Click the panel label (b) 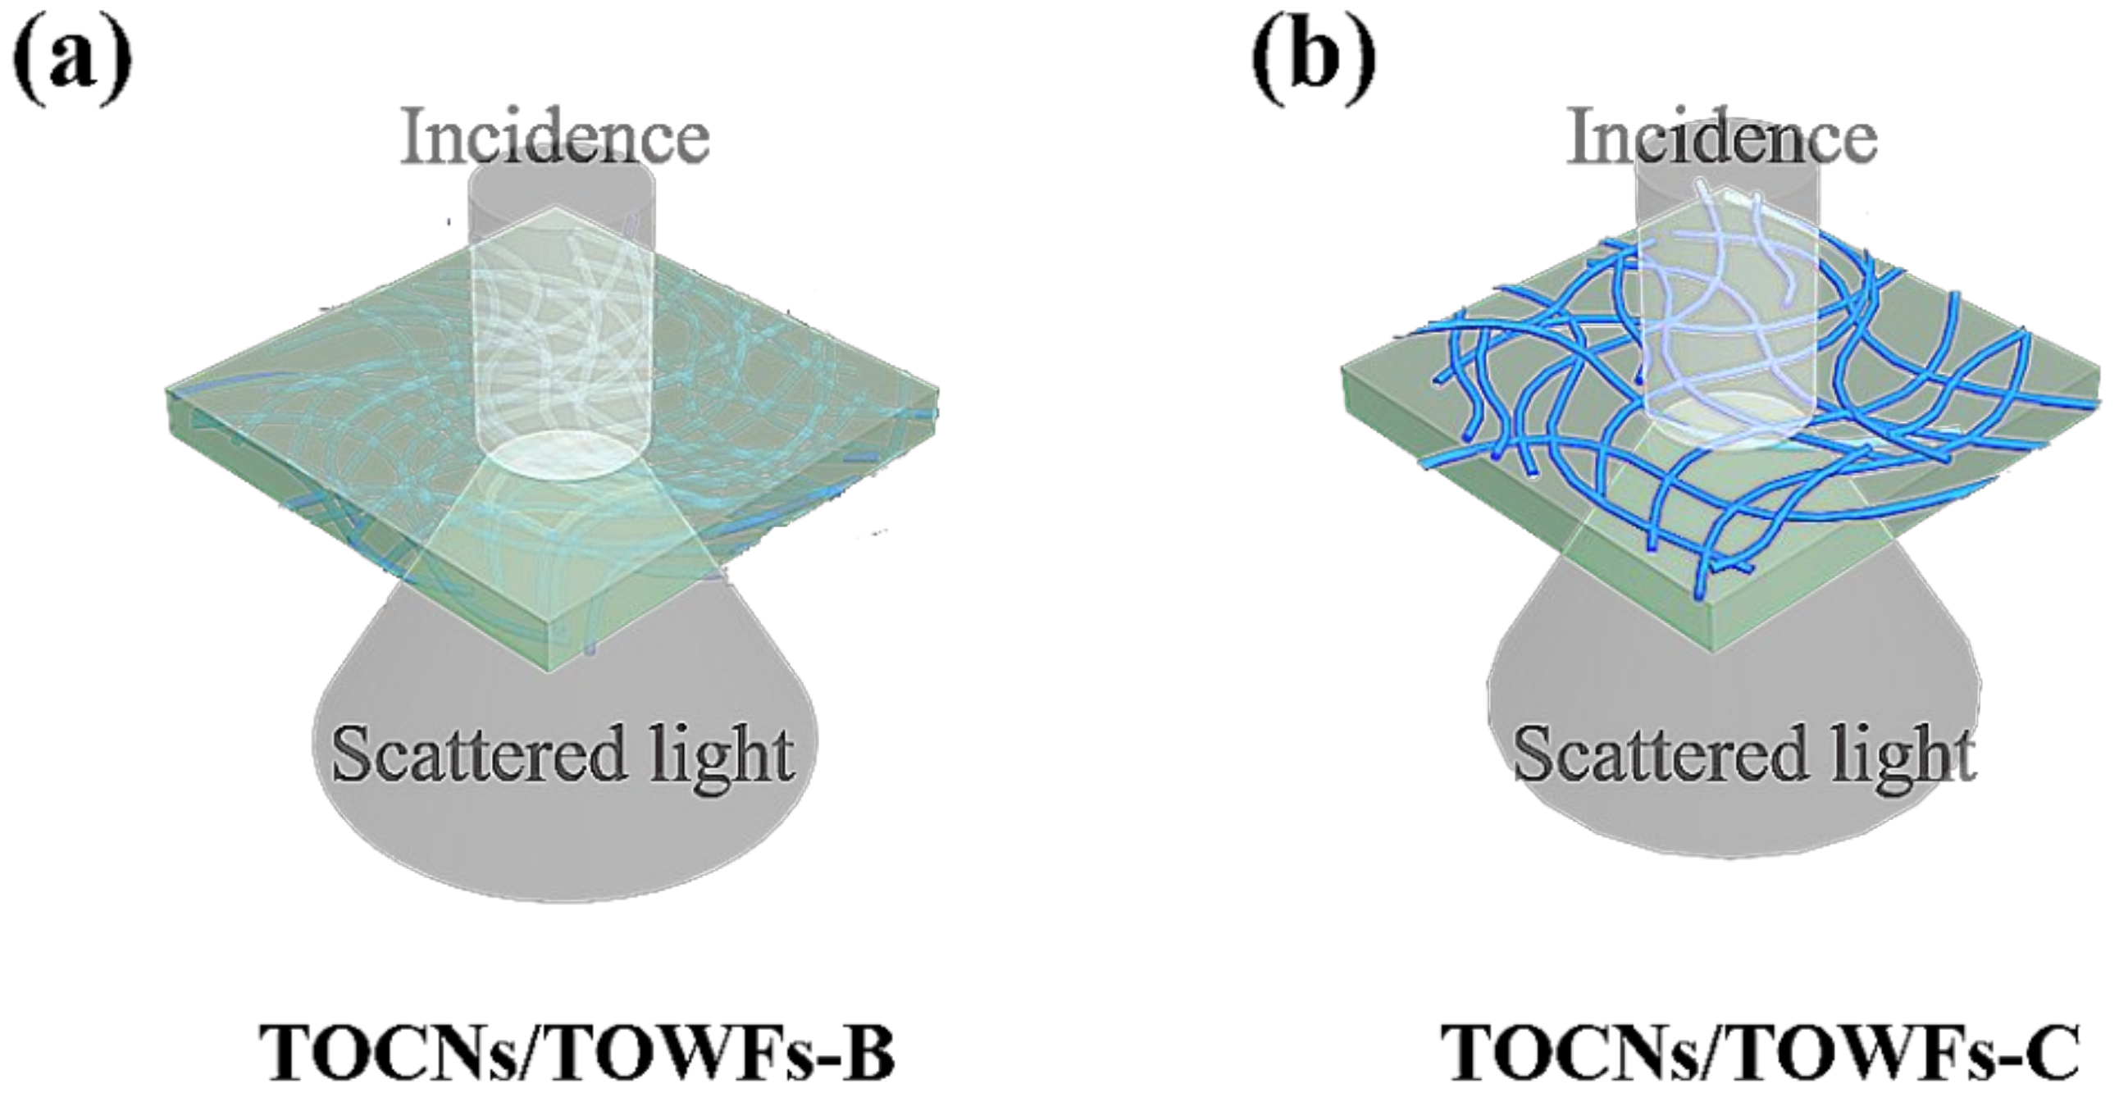(1313, 59)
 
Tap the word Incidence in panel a (556, 139)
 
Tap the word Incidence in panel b (1722, 139)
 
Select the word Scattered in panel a (477, 755)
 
